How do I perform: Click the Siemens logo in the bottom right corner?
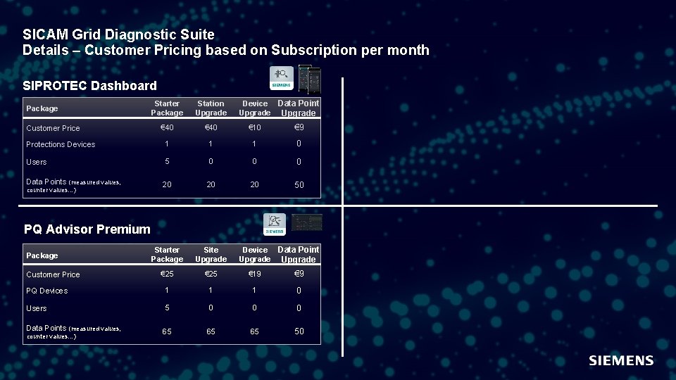click(x=621, y=360)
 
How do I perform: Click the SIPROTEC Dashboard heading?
click(x=89, y=86)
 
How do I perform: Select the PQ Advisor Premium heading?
click(x=87, y=229)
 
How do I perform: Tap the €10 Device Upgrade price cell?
click(x=254, y=127)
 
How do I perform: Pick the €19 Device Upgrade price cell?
click(x=254, y=274)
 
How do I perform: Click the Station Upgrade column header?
click(x=211, y=108)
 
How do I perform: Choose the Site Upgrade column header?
click(x=211, y=255)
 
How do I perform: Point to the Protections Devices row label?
click(x=61, y=144)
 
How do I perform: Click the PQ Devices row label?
click(x=47, y=291)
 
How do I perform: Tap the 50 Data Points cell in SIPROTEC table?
click(x=299, y=184)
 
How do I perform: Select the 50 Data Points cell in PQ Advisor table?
click(x=299, y=331)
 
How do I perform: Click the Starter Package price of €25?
click(x=166, y=274)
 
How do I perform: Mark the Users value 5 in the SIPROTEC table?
click(x=166, y=161)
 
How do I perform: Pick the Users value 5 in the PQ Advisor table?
click(x=166, y=308)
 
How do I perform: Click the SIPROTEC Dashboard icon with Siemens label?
click(x=282, y=77)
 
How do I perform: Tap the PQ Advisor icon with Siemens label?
click(x=275, y=224)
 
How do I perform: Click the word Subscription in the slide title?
click(x=314, y=50)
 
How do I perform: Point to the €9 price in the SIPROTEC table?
click(x=299, y=127)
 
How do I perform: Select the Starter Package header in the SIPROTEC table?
click(x=166, y=108)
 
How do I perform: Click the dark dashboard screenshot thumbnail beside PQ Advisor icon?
click(x=307, y=222)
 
